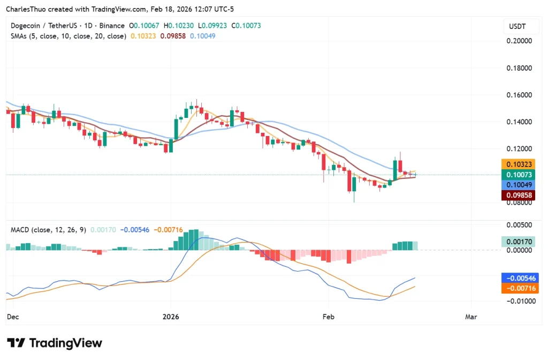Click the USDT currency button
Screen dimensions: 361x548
516,26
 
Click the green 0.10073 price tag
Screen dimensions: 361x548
516,175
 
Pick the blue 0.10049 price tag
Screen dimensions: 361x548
516,185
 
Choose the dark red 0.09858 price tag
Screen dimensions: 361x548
516,195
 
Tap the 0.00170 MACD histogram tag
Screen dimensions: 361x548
516,242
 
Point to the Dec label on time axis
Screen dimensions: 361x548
12,317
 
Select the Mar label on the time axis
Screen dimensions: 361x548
471,317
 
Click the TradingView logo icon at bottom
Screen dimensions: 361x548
16,343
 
